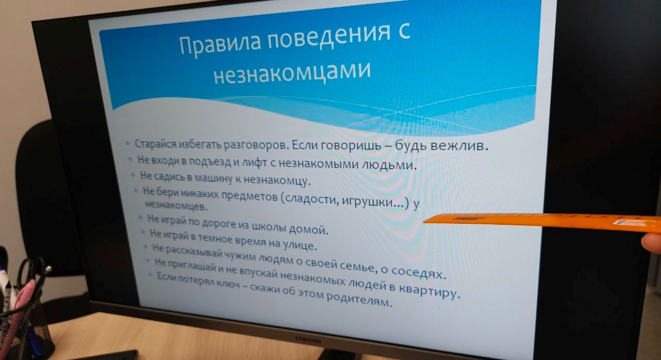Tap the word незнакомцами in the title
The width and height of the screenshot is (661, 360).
[x=292, y=72]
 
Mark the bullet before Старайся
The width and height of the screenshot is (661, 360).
[x=127, y=144]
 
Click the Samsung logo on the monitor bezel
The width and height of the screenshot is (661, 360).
[x=308, y=340]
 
